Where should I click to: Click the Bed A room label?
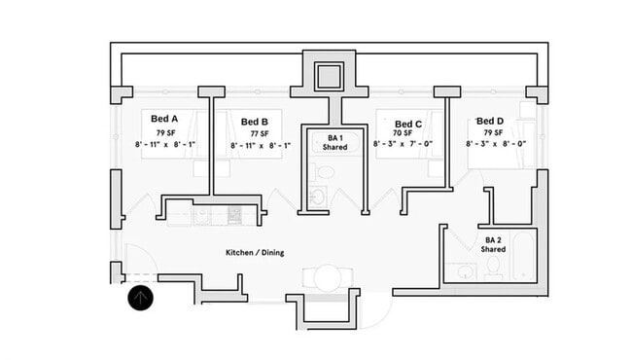(164, 121)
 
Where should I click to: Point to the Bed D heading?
(483, 121)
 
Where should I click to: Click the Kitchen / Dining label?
(254, 253)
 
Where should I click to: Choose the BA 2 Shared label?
(493, 244)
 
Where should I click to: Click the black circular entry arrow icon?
(141, 298)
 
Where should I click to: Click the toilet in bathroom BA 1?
(326, 172)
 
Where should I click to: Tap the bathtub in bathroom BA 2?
(523, 256)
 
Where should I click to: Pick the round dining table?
(328, 278)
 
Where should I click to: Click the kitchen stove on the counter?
(233, 213)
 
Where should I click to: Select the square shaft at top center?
(330, 76)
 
